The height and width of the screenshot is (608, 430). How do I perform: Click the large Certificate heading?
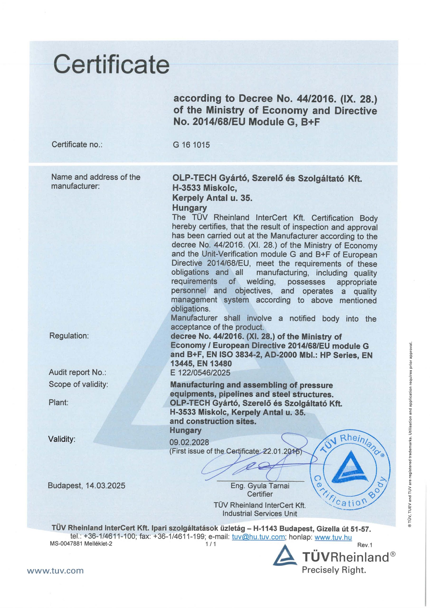(x=111, y=64)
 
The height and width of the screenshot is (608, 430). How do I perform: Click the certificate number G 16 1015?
(x=191, y=145)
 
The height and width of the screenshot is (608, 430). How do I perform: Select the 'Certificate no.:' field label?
(x=77, y=145)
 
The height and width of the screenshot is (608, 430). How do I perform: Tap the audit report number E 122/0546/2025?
(x=200, y=373)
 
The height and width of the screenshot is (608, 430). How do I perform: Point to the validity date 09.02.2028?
(x=189, y=442)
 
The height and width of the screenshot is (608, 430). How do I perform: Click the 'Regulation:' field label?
(x=69, y=336)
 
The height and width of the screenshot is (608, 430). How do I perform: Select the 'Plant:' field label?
(x=58, y=403)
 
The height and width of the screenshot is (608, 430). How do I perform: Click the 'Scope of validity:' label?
(x=78, y=384)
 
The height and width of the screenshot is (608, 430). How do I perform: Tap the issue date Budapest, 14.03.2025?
(x=86, y=486)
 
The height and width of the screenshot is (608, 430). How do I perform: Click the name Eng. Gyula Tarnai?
(x=260, y=486)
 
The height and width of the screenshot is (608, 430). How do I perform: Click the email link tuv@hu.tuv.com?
(x=258, y=537)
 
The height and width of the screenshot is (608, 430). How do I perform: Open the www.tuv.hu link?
(x=333, y=537)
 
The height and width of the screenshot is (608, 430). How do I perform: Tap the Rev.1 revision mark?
(x=365, y=545)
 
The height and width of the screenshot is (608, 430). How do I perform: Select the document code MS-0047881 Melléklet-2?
(x=81, y=544)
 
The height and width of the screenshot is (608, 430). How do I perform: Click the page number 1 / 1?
(x=211, y=544)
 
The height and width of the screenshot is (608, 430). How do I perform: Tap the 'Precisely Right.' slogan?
(x=334, y=570)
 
